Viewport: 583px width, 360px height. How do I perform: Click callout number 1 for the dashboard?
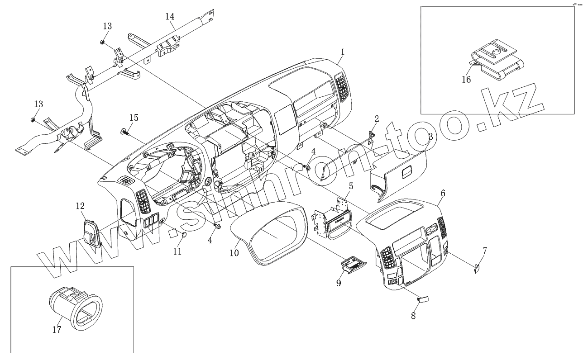click(x=343, y=52)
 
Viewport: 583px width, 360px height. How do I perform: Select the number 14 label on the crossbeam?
click(x=170, y=16)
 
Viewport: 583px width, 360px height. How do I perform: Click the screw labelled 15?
click(x=124, y=132)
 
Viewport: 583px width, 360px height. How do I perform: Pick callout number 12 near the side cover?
click(x=80, y=206)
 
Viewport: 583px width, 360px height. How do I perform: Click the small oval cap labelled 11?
click(x=184, y=234)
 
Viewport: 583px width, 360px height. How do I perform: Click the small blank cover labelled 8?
click(x=423, y=298)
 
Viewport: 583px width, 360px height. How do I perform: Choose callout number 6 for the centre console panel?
click(x=443, y=193)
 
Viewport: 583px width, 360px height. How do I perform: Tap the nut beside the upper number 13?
click(x=103, y=42)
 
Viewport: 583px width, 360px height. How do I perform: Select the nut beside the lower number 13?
click(x=33, y=120)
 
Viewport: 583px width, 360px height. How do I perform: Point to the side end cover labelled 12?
click(x=92, y=233)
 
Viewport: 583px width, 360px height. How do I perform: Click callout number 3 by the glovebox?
click(x=430, y=136)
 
